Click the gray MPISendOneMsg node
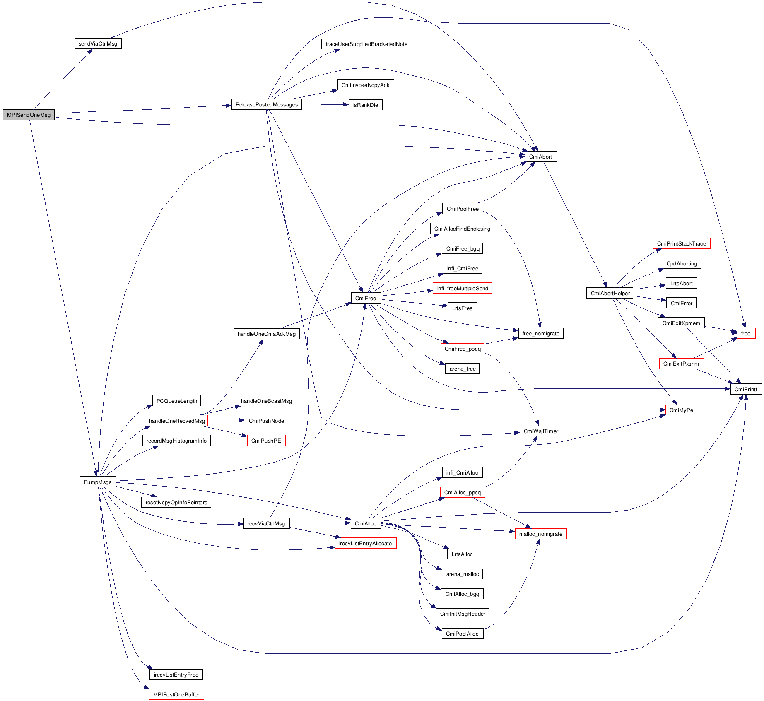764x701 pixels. point(29,115)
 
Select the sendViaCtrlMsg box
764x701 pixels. point(98,43)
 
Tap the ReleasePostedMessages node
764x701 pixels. point(266,104)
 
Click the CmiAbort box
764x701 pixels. point(540,157)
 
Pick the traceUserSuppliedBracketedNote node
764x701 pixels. point(366,44)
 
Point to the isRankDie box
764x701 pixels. point(365,105)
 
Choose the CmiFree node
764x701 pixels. point(366,298)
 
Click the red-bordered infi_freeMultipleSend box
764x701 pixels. point(463,288)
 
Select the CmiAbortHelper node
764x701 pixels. point(610,293)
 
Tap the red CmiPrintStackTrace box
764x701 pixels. point(681,243)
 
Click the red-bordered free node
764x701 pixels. point(746,333)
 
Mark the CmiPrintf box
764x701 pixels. point(746,389)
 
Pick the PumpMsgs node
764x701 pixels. point(98,482)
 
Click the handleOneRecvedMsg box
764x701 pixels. point(176,421)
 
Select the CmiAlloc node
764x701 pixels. point(366,523)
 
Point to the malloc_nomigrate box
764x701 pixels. point(540,534)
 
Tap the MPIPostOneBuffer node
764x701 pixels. point(176,694)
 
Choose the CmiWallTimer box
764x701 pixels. point(541,431)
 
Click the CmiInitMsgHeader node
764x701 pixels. point(463,614)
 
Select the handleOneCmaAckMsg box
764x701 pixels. point(266,334)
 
